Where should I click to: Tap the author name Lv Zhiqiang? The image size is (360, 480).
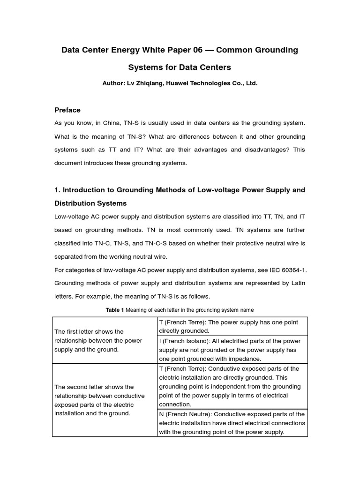tap(143, 83)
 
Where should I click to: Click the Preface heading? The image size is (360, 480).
tap(67, 110)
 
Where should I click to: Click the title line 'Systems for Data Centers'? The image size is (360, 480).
tap(180, 67)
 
